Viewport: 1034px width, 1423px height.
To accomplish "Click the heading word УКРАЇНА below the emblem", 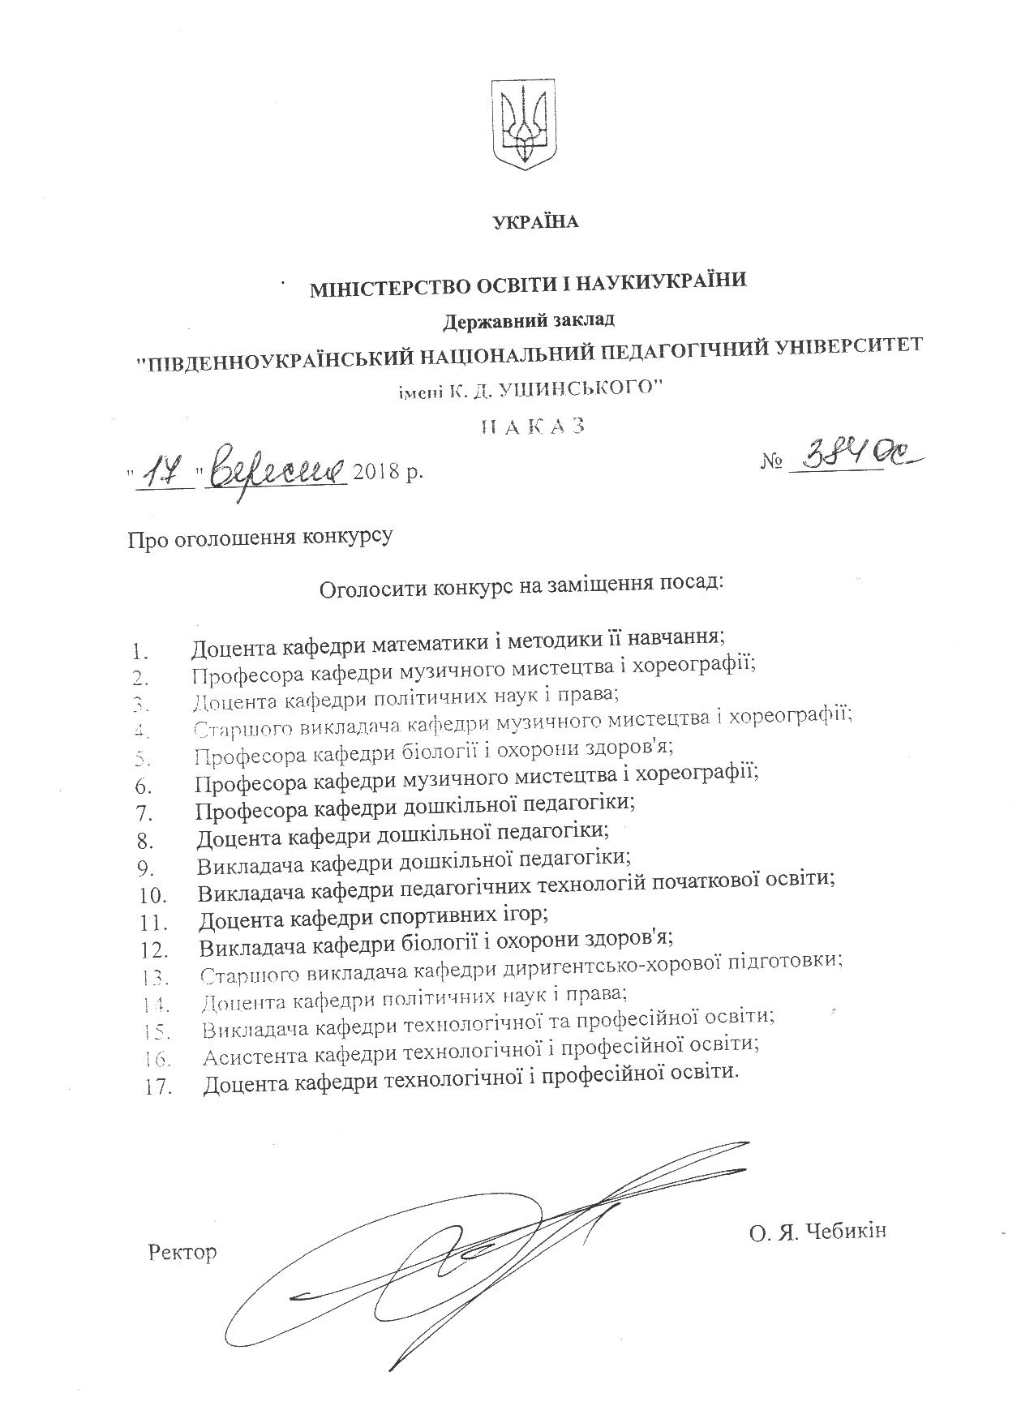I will (x=536, y=221).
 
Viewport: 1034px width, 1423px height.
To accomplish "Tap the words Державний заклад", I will (x=528, y=319).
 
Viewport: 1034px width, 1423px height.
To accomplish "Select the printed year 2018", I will (x=378, y=471).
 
